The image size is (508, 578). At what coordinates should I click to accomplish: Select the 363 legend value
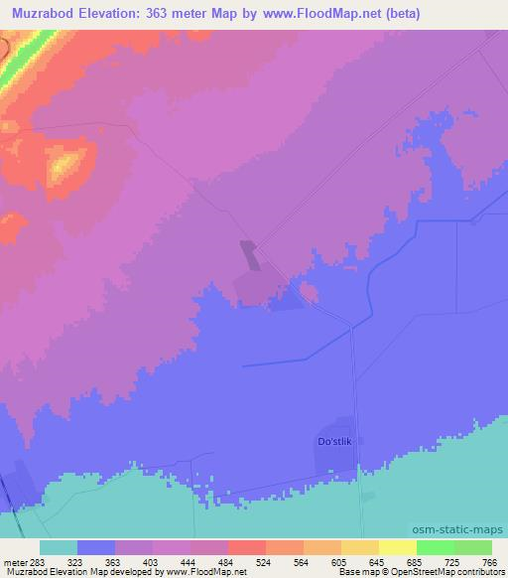113,561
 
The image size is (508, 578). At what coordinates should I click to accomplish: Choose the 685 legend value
416,561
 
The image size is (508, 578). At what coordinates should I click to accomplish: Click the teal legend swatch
59,547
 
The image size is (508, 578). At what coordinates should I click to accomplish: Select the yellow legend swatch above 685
398,547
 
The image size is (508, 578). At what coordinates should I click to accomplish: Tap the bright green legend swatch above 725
436,547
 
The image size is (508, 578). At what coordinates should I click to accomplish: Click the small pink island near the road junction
309,291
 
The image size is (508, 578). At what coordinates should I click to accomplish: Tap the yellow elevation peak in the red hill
65,164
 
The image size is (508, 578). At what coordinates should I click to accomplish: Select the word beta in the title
402,14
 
